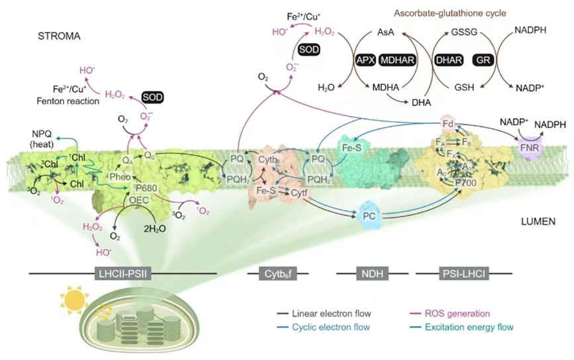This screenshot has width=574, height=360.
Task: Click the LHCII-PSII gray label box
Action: pos(119,273)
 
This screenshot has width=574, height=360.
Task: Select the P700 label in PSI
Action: pos(466,180)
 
